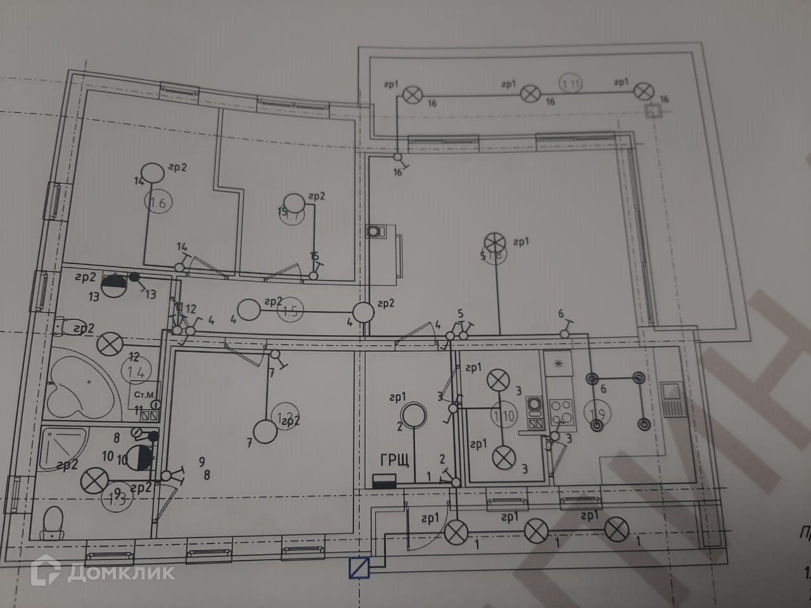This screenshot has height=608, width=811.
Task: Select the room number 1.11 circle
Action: [570, 82]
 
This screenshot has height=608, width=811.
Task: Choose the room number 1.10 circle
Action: [504, 416]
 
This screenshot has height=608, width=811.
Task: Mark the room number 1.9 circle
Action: [597, 414]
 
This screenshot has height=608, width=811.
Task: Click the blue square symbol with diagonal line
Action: [359, 567]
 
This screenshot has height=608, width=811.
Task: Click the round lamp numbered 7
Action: [265, 432]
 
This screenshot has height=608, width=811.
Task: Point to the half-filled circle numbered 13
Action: [113, 285]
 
